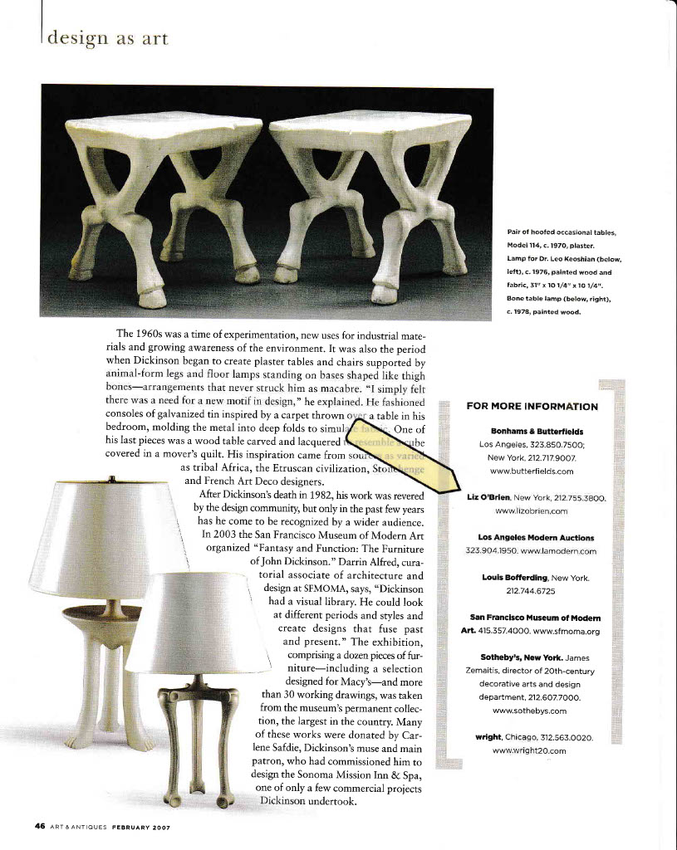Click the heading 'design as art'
click(x=107, y=38)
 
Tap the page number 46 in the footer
click(x=39, y=826)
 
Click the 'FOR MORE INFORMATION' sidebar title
click(x=532, y=406)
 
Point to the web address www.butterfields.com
click(x=532, y=471)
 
